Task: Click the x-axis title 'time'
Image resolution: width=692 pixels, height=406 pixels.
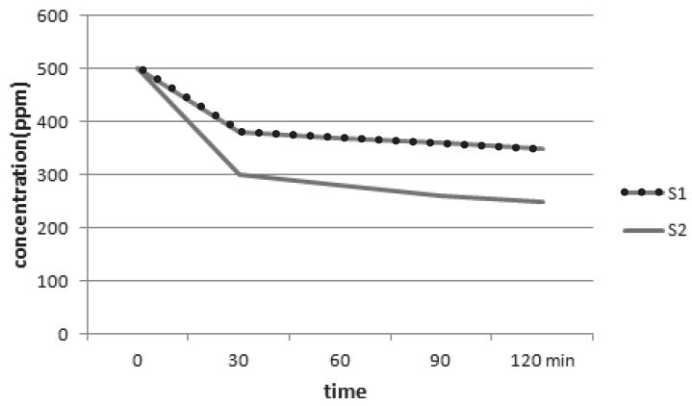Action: (x=346, y=391)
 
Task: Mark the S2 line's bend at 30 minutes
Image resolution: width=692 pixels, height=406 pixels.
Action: (x=239, y=174)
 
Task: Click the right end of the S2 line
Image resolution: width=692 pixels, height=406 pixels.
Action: (x=544, y=202)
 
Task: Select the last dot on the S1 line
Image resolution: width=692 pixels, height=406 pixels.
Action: (x=533, y=148)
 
